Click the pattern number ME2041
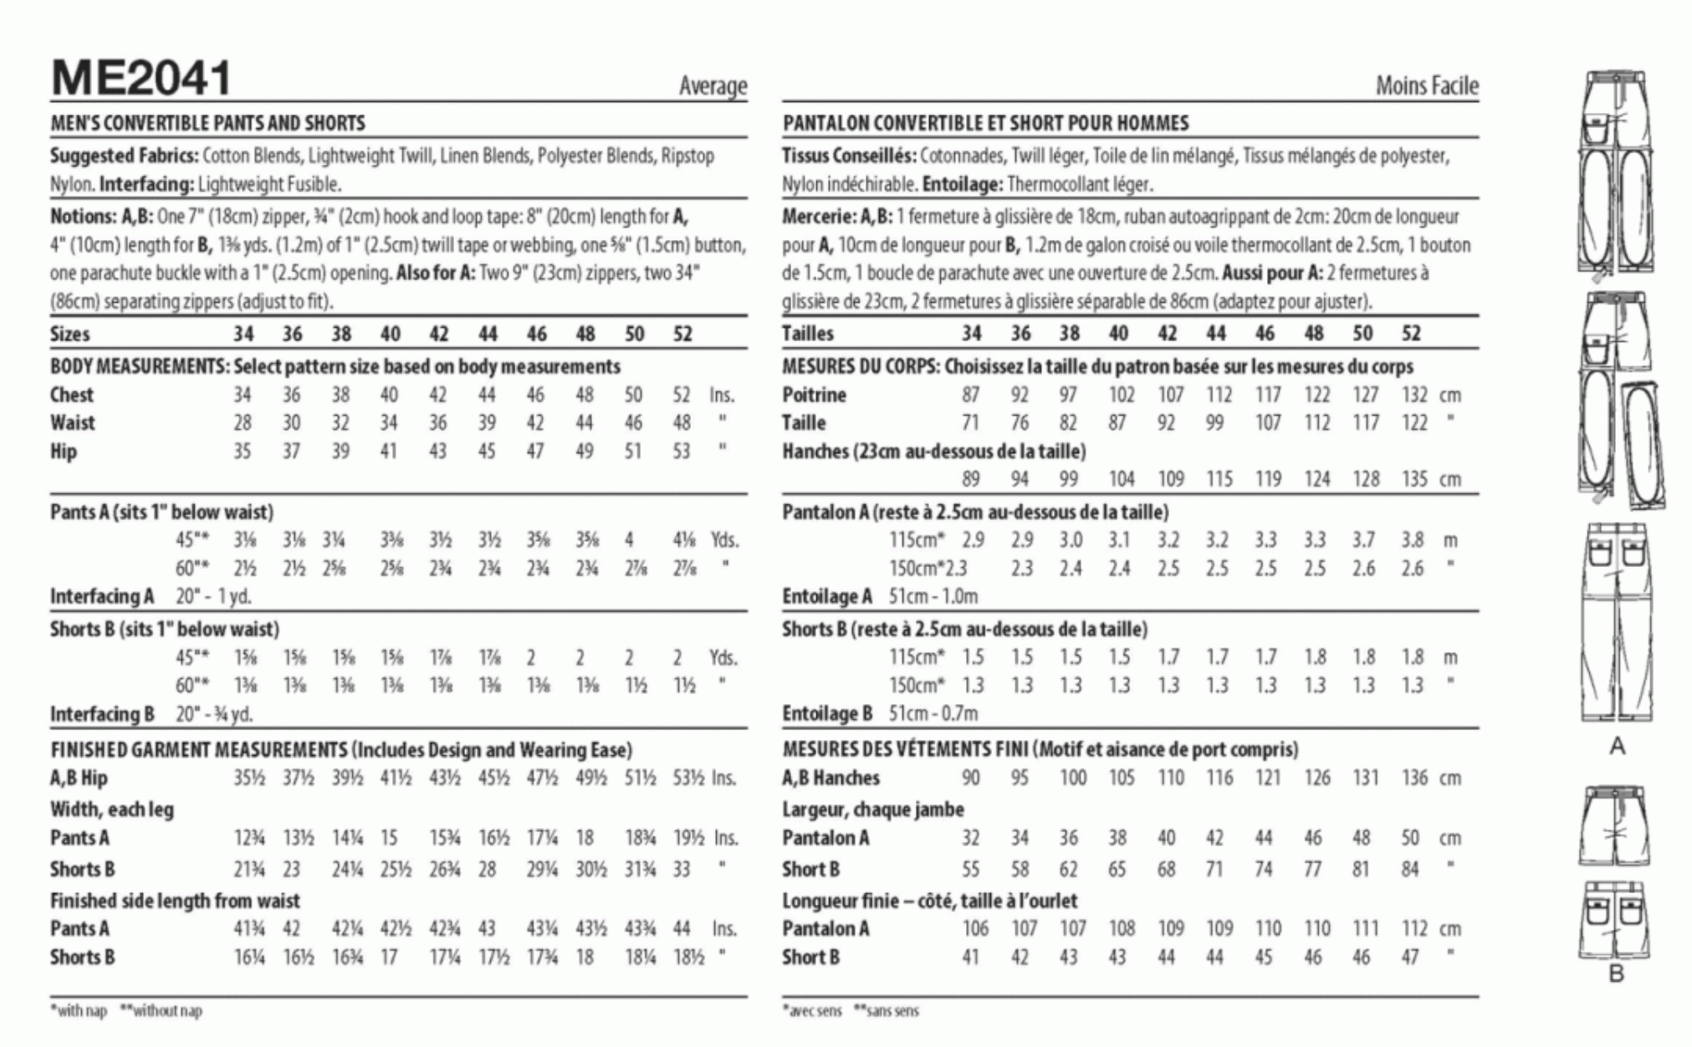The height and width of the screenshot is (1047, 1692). click(x=141, y=79)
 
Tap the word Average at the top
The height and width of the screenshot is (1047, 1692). click(x=713, y=86)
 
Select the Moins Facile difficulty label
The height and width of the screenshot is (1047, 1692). click(x=1427, y=86)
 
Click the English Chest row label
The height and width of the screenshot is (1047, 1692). click(x=72, y=395)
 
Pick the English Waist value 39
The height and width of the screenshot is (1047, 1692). click(x=487, y=423)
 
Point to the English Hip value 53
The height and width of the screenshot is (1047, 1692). click(x=682, y=452)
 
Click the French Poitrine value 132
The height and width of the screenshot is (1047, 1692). click(x=1414, y=395)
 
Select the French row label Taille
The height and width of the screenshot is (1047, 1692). click(x=804, y=423)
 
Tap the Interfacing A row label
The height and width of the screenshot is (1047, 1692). click(x=102, y=596)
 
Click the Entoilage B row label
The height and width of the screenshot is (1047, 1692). click(x=827, y=713)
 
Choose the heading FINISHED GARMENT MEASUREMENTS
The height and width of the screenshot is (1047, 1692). click(x=198, y=750)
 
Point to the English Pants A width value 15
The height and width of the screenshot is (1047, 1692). click(x=389, y=838)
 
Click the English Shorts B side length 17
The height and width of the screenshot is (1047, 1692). click(x=389, y=958)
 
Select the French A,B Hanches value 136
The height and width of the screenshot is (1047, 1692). click(x=1414, y=779)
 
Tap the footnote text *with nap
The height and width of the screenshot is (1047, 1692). click(x=79, y=1011)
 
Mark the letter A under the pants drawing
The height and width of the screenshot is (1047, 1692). click(x=1617, y=746)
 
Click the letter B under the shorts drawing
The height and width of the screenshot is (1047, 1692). click(x=1616, y=974)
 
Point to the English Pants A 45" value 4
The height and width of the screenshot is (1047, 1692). click(x=628, y=540)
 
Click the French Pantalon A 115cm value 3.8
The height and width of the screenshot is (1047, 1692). click(x=1413, y=540)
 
